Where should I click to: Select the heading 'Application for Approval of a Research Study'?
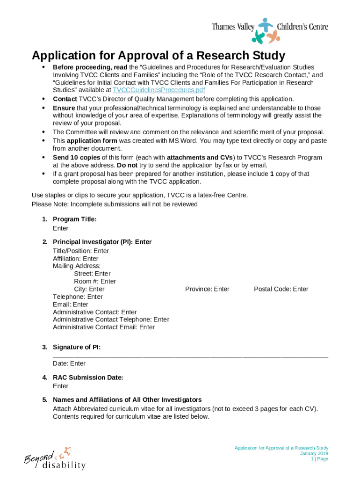pos(158,56)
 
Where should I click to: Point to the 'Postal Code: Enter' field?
pos(281,289)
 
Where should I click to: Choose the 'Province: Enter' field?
pos(207,289)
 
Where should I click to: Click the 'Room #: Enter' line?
pos(95,282)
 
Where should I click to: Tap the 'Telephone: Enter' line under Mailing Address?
pos(78,297)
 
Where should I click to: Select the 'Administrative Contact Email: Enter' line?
pos(104,327)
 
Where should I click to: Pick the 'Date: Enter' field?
pos(69,363)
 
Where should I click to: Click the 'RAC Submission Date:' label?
pos(88,377)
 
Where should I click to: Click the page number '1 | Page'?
pos(319,459)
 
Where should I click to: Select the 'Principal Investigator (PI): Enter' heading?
pos(102,242)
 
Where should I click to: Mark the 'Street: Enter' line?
pos(92,274)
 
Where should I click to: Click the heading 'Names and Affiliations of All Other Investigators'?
pos(127,400)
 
